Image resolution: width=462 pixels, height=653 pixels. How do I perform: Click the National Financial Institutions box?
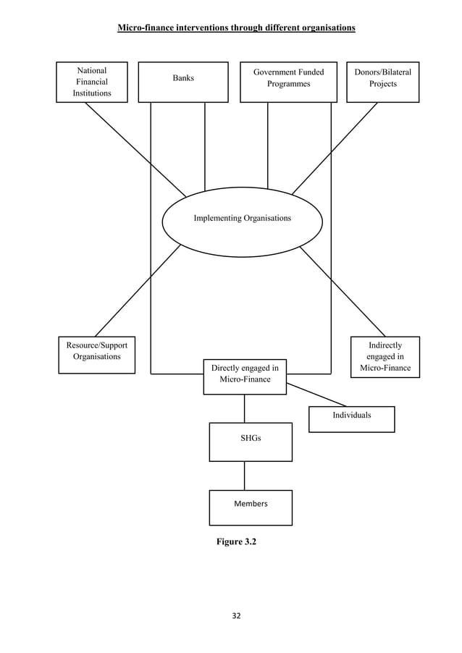tap(92, 82)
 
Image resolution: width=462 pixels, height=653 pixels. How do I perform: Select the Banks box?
tap(183, 78)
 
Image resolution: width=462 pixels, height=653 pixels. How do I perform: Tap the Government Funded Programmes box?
tap(288, 78)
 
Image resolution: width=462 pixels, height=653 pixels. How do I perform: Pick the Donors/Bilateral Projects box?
tap(382, 78)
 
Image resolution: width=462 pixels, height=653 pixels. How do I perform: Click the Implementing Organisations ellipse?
tap(242, 219)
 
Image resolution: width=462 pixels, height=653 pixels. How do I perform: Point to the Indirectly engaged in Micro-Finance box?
tap(385, 357)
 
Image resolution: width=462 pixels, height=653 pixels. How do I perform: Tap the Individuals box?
tap(351, 416)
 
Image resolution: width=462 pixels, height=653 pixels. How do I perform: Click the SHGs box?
tap(251, 439)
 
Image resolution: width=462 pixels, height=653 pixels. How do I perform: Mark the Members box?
tap(251, 504)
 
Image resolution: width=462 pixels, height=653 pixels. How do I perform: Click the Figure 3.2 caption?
tap(236, 541)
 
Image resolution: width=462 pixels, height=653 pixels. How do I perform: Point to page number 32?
tap(236, 616)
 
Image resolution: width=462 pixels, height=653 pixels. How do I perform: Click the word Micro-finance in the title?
tap(147, 28)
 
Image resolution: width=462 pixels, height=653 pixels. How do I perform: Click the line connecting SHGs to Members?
tap(244, 476)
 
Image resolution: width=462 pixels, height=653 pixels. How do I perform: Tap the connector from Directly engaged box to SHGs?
tap(244, 409)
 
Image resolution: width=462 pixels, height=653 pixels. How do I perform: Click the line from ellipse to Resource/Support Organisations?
tap(138, 290)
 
